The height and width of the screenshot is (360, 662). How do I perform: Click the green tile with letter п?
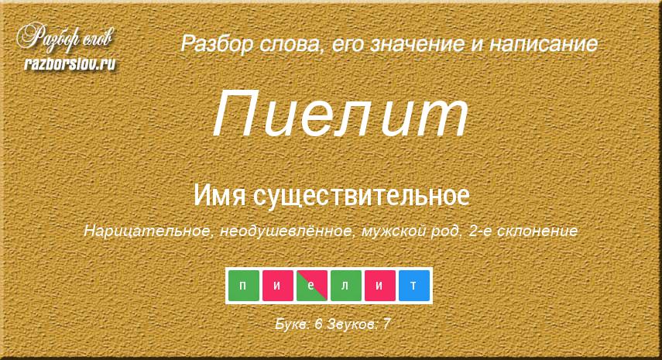click(x=244, y=286)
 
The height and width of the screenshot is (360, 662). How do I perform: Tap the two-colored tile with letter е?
click(x=311, y=286)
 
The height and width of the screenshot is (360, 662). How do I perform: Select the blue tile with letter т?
click(x=413, y=286)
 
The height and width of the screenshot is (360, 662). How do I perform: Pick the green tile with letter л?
click(x=346, y=286)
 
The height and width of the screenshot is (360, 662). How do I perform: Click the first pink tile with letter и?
click(x=278, y=286)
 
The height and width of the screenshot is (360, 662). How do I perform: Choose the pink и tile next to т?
click(x=380, y=286)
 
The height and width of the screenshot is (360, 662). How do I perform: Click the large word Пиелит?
click(x=340, y=114)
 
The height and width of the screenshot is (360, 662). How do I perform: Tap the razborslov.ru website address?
click(x=70, y=63)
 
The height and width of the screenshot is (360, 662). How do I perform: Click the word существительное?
click(x=362, y=195)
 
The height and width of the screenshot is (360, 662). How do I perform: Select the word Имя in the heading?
click(x=220, y=195)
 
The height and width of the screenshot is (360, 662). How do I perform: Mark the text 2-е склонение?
click(x=523, y=231)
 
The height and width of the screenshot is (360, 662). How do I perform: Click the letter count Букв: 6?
click(x=299, y=324)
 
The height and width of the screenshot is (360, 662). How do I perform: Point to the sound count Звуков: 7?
click(x=358, y=324)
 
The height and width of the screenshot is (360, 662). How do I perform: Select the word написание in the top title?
click(x=544, y=44)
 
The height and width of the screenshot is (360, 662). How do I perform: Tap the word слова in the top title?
click(x=290, y=45)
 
